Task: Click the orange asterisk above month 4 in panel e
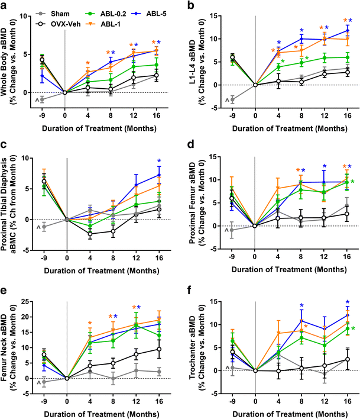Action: (89, 323)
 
